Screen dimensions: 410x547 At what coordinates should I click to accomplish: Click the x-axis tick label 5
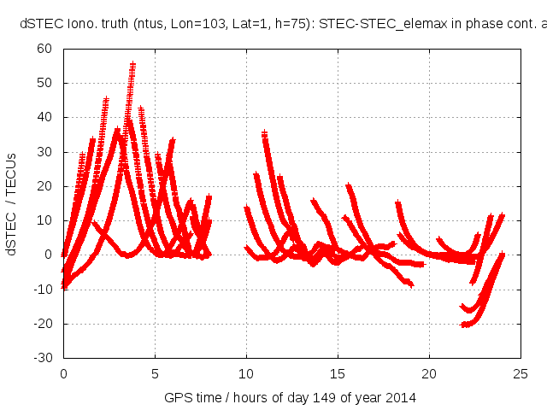tap(155, 373)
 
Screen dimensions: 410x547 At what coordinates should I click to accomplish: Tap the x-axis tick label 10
tap(246, 373)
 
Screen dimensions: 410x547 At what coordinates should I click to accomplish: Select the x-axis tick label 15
tap(338, 373)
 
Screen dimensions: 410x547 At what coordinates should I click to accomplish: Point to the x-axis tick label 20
tap(429, 373)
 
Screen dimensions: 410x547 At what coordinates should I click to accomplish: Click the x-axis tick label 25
tap(521, 373)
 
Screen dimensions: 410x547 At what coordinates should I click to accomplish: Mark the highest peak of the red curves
tap(132, 64)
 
